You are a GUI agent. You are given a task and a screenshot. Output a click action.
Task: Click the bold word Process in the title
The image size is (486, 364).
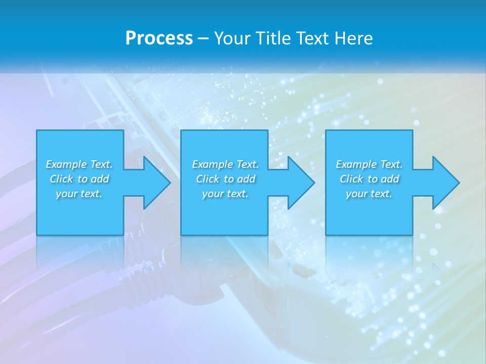click(x=159, y=38)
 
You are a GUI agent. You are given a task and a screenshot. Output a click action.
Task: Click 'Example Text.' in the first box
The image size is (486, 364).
click(x=79, y=164)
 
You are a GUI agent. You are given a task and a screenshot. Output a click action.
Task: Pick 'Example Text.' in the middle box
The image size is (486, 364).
click(x=225, y=164)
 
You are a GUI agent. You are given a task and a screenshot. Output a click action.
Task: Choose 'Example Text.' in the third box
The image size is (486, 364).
click(x=369, y=164)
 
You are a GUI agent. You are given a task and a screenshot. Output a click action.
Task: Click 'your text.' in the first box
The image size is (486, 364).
click(x=79, y=194)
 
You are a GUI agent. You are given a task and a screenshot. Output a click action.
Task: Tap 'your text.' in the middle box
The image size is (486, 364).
click(x=225, y=194)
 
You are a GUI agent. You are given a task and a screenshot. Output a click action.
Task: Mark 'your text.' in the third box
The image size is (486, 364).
click(x=369, y=194)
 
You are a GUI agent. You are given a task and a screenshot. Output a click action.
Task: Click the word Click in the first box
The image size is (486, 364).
click(x=61, y=179)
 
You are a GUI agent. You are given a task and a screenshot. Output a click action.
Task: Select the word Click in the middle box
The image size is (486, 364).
click(x=208, y=179)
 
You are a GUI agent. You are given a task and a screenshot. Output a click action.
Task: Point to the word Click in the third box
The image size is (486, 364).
click(x=351, y=179)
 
